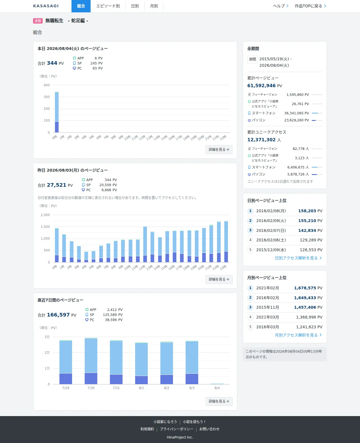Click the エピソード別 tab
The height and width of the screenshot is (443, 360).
108,6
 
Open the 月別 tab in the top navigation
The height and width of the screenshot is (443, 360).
154,6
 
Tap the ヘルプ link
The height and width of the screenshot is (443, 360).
281,6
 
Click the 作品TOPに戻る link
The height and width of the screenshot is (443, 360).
310,6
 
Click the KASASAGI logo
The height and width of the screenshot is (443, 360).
46,6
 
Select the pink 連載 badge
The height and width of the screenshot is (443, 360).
38,21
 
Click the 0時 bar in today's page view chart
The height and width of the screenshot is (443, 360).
57,112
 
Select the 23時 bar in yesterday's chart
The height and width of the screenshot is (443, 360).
226,241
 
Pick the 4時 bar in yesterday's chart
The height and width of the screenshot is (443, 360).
86,257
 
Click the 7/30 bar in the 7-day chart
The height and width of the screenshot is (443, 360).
91,361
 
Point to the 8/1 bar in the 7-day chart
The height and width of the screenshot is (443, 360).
141,363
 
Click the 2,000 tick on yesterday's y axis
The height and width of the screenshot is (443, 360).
45,215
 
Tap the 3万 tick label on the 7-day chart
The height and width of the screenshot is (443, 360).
47,337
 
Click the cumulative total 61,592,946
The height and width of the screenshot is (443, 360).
261,86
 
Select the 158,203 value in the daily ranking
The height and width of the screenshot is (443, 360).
307,211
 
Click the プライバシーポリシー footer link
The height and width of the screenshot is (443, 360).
177,429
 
